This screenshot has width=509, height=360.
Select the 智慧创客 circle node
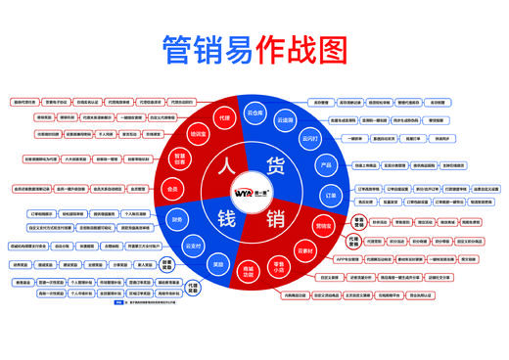click(x=180, y=159)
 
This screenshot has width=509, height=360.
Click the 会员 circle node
click(x=172, y=189)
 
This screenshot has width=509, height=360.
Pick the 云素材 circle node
click(x=304, y=251)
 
